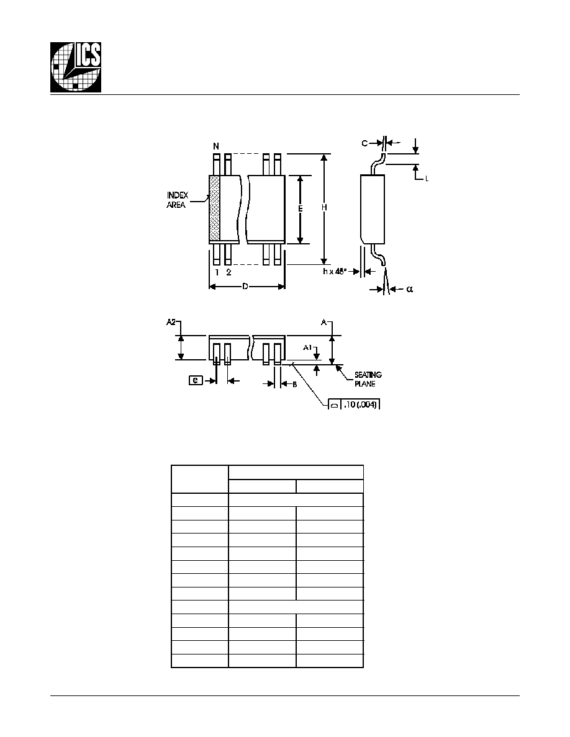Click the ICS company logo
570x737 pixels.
(76, 67)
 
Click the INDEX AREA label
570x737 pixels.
(178, 200)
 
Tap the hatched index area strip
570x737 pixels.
(214, 208)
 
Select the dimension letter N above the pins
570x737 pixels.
(216, 146)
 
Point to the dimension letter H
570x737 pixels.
(324, 208)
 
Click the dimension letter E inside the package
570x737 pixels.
(301, 208)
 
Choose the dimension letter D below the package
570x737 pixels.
(245, 286)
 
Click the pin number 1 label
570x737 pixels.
(217, 272)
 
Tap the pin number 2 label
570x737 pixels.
(228, 272)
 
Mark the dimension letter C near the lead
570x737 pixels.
(364, 143)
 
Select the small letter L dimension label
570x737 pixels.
(427, 179)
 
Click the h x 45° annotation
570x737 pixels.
(335, 271)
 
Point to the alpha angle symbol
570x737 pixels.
(410, 289)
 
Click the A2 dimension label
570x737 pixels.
(171, 322)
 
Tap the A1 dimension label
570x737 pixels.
(307, 347)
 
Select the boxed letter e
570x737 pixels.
(196, 380)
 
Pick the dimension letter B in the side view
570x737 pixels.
(295, 385)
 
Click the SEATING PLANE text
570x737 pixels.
(368, 379)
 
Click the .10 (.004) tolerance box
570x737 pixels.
(354, 404)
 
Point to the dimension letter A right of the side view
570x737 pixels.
(324, 322)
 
